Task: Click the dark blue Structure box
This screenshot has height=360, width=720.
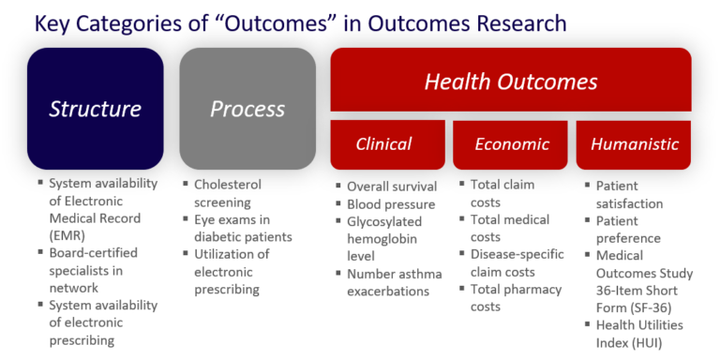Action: click(95, 109)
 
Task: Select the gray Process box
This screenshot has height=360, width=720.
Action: click(247, 109)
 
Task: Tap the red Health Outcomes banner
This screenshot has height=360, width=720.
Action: click(511, 81)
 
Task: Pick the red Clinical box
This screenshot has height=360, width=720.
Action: click(383, 143)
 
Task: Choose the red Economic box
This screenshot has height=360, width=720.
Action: click(511, 143)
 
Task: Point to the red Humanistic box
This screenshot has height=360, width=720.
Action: click(634, 143)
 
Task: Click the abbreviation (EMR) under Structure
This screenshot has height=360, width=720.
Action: click(67, 235)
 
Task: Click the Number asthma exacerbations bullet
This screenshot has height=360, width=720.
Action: click(393, 281)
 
